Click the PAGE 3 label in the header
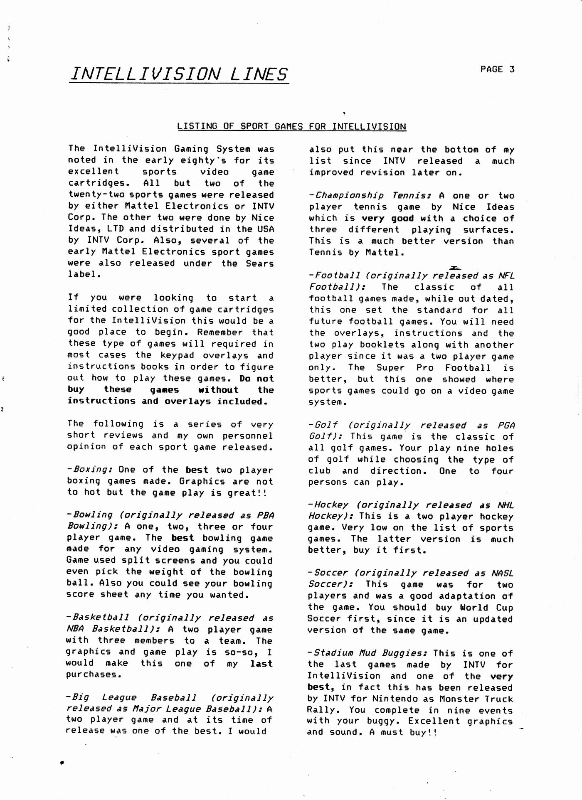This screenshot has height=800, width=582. point(497,69)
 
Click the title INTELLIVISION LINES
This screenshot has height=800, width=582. point(179,74)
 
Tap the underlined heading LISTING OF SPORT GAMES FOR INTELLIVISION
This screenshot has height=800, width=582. point(291,126)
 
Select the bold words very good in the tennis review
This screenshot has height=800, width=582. point(387,218)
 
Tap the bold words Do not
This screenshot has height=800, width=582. point(256,378)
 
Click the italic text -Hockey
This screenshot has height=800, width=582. point(328,505)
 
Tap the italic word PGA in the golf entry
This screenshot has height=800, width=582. point(506,426)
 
